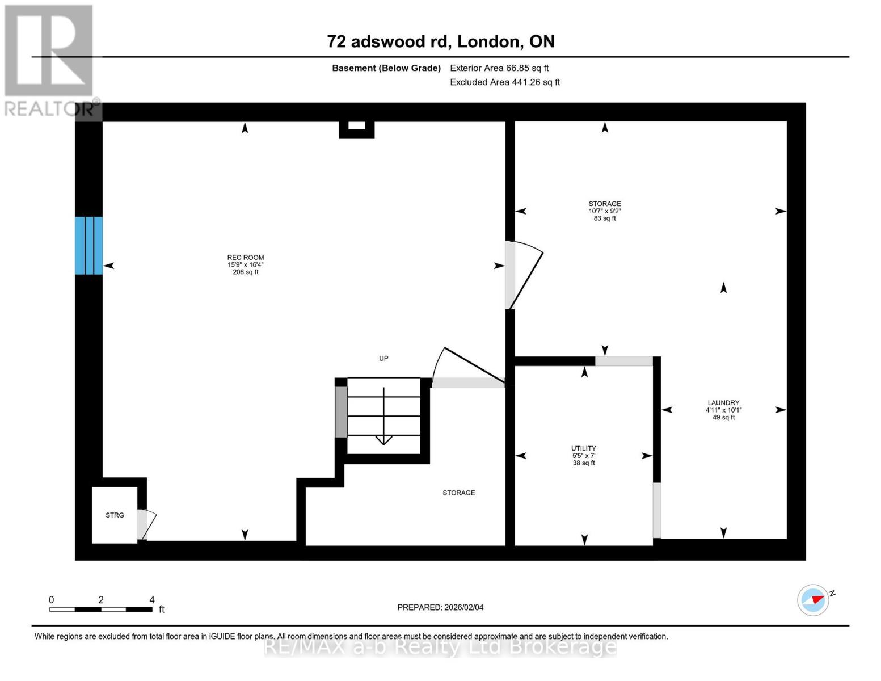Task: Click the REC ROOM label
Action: pos(246,258)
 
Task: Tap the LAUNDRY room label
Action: pos(723,402)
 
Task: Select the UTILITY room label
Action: pos(583,448)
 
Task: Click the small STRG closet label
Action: pos(115,515)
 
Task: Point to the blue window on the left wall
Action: pos(89,246)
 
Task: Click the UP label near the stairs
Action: pos(383,358)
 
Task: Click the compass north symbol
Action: pos(813,600)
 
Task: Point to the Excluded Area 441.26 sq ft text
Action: pos(504,82)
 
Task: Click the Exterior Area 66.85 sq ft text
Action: pos(499,68)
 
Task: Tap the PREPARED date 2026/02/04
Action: pos(440,607)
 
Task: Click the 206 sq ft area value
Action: pos(246,272)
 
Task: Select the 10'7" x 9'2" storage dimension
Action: pos(605,211)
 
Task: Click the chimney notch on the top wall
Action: pos(356,128)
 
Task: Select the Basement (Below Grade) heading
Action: pos(386,68)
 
